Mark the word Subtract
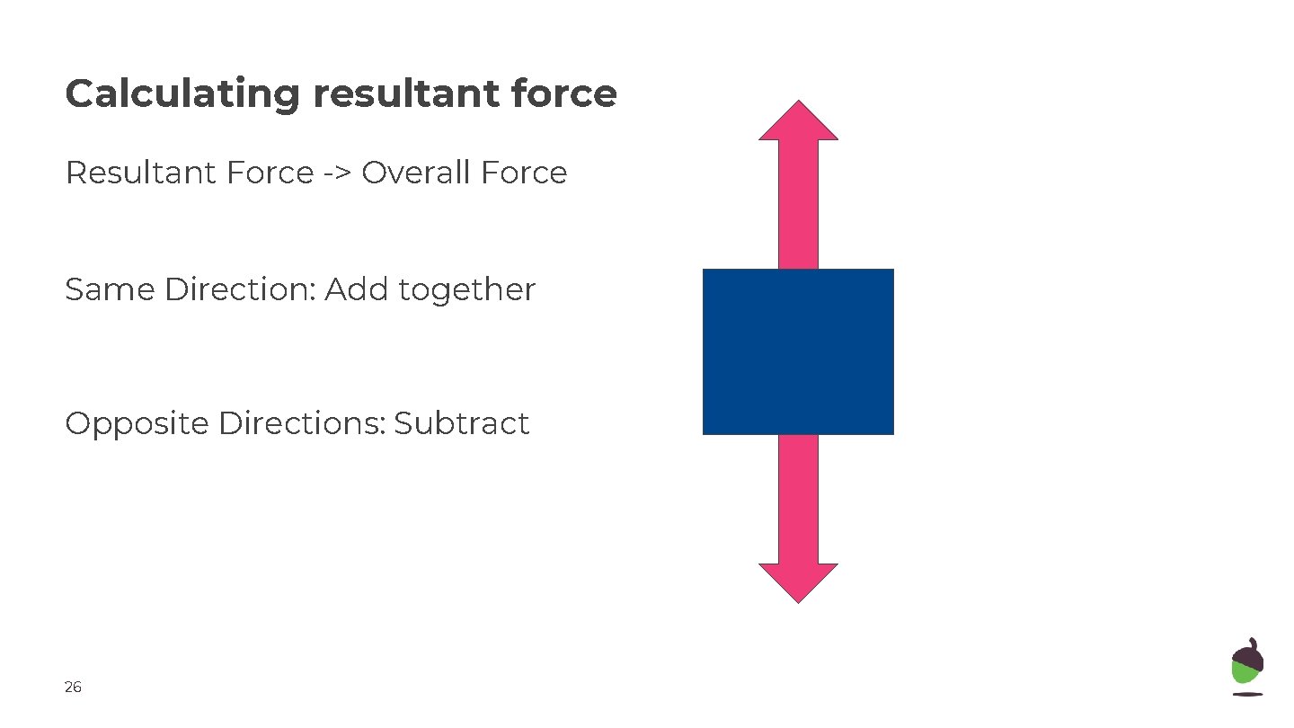[x=462, y=423]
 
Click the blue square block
[x=798, y=351]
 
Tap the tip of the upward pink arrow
[x=798, y=105]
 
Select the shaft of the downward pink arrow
[x=798, y=499]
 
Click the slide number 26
[x=73, y=688]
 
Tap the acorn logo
[x=1247, y=666]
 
